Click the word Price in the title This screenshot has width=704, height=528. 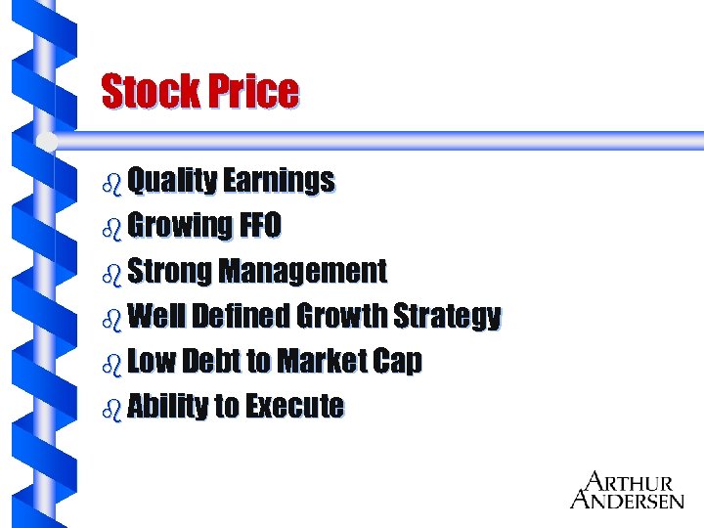click(x=253, y=92)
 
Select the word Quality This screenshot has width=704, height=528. click(x=171, y=181)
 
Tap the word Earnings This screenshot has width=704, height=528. click(x=279, y=181)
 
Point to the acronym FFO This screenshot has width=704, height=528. click(x=260, y=226)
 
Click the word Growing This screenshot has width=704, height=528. click(x=180, y=226)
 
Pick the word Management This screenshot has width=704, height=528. click(x=303, y=271)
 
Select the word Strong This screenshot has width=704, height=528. click(x=169, y=271)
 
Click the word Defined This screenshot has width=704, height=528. click(x=241, y=316)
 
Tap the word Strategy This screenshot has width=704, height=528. click(x=447, y=316)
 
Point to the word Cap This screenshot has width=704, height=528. click(x=398, y=361)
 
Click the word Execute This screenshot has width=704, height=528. click(x=294, y=406)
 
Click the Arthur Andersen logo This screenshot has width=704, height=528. click(x=627, y=490)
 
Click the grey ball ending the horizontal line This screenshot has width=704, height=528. click(x=46, y=142)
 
